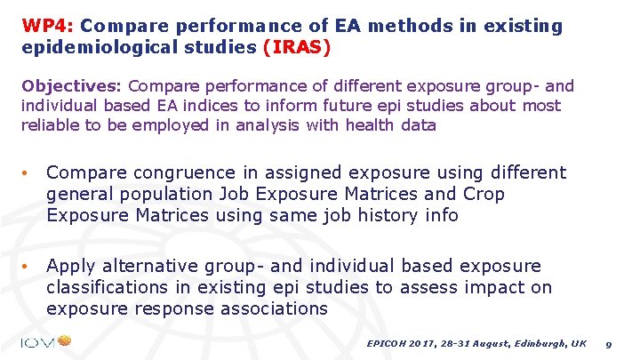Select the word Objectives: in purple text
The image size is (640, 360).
click(x=74, y=86)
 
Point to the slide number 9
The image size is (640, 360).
click(x=608, y=343)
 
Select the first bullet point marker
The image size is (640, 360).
click(x=28, y=173)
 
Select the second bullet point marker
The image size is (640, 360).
click(x=28, y=266)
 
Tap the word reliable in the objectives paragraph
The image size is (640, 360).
click(x=51, y=125)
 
